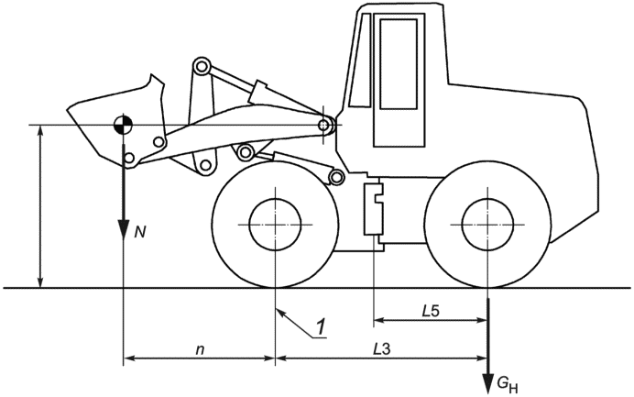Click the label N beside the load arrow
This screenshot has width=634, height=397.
[139, 232]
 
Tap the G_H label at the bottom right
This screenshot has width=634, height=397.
[507, 384]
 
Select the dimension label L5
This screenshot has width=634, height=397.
[431, 311]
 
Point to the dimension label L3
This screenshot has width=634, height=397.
[382, 348]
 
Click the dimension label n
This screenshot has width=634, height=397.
[200, 349]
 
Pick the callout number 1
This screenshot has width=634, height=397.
[321, 327]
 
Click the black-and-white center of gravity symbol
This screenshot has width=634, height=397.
[123, 125]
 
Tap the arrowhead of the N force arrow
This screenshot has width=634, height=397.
[123, 231]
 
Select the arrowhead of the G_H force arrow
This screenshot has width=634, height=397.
[488, 383]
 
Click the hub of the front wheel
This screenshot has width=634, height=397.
[275, 225]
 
